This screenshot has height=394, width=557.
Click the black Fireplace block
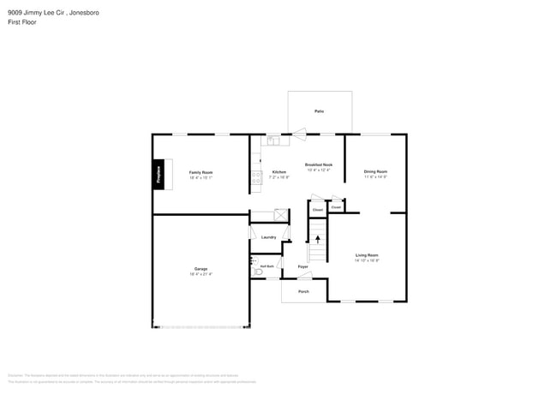tap(159, 173)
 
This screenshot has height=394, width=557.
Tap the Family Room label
tap(201, 172)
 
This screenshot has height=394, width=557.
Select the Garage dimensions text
tap(201, 274)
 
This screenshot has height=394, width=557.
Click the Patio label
tap(319, 111)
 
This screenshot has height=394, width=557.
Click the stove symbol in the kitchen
tap(255, 178)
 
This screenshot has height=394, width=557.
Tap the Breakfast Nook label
tap(319, 164)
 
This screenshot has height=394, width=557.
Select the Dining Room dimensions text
tap(375, 176)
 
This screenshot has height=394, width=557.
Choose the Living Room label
tap(367, 255)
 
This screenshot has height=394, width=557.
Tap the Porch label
tap(303, 292)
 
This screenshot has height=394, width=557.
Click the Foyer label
tap(303, 266)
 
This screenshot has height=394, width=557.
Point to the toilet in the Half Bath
tap(255, 271)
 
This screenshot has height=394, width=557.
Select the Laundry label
tap(268, 236)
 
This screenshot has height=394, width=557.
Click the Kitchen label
tap(279, 172)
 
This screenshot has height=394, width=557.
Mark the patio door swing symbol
tap(299, 132)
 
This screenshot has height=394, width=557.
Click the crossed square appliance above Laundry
tap(279, 215)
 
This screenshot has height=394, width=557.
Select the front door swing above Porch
tap(306, 276)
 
